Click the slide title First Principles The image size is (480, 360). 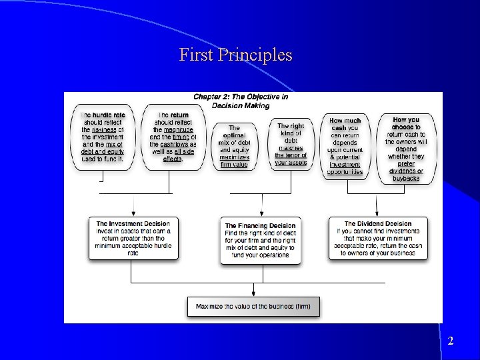click(235, 55)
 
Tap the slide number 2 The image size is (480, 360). click(451, 341)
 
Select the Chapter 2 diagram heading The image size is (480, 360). click(241, 101)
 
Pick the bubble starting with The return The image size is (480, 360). click(173, 138)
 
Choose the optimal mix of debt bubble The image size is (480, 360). click(234, 146)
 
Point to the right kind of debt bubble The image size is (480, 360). click(291, 144)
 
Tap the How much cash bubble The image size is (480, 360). click(345, 147)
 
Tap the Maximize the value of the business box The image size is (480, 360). click(253, 307)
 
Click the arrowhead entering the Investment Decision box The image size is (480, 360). click(133, 213)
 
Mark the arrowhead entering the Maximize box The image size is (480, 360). click(253, 293)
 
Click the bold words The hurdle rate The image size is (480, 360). click(103, 115)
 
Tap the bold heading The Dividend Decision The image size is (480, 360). click(378, 224)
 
